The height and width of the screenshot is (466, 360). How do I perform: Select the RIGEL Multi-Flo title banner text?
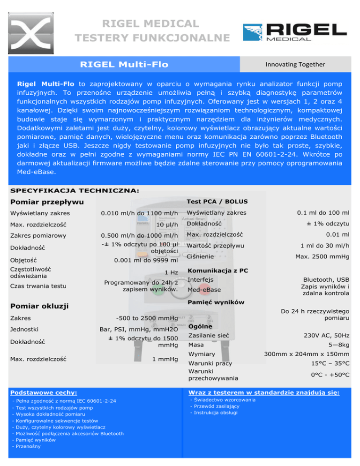(x=124, y=64)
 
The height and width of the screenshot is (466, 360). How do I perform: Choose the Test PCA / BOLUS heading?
(x=217, y=202)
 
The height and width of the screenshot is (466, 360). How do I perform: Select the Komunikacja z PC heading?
(x=217, y=271)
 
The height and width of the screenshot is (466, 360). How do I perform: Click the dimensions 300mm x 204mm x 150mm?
(x=307, y=354)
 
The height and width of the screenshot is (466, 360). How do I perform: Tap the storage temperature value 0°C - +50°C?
(x=330, y=375)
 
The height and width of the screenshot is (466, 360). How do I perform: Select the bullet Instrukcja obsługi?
(x=215, y=413)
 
